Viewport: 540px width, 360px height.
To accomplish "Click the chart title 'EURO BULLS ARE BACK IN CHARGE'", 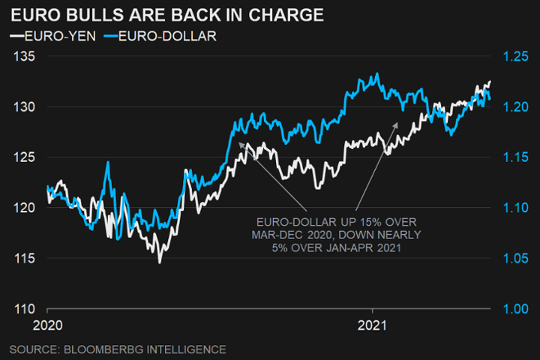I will pyautogui.click(x=166, y=14).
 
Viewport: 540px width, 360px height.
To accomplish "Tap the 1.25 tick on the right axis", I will pyautogui.click(x=515, y=56).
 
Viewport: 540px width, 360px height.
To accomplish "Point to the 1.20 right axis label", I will pyautogui.click(x=515, y=107).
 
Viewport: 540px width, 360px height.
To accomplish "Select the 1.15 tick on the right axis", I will pyautogui.click(x=515, y=157).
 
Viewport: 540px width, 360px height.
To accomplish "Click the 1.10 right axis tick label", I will pyautogui.click(x=515, y=208).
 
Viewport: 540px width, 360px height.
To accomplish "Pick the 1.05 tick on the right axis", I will pyautogui.click(x=515, y=259).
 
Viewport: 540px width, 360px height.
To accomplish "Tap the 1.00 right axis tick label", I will pyautogui.click(x=515, y=309).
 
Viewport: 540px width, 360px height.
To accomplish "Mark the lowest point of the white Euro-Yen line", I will pyautogui.click(x=159, y=262).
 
